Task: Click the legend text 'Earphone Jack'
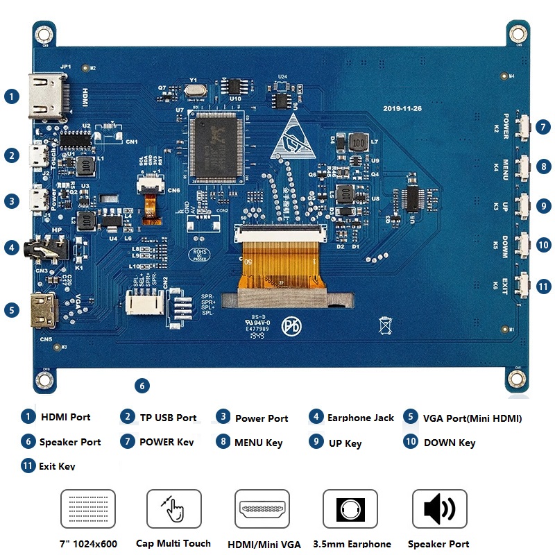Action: point(360,418)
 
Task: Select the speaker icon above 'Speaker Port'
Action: point(439,511)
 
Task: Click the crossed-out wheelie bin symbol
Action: point(386,325)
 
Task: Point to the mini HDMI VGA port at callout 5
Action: point(45,310)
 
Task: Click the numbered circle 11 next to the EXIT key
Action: point(544,286)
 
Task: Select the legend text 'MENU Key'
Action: point(258,443)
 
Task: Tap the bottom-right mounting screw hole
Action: point(516,378)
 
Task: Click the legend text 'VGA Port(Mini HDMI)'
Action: point(472,418)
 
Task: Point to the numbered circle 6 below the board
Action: point(142,386)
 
